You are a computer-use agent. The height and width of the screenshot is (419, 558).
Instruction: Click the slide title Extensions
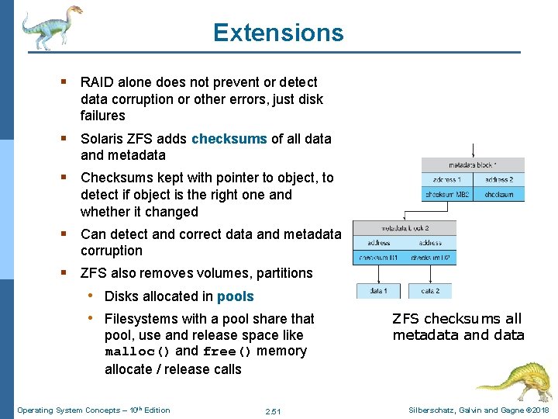click(x=278, y=33)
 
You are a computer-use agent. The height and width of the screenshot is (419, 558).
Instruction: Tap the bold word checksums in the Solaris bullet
click(x=229, y=139)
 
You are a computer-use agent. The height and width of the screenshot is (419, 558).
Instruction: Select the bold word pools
click(x=235, y=296)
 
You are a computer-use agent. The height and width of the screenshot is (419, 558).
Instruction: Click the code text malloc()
click(x=137, y=351)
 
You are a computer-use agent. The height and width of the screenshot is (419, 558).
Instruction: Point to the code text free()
click(x=227, y=351)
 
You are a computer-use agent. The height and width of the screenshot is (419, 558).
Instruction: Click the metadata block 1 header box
click(x=473, y=164)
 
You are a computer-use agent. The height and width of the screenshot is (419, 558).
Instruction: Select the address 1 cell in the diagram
click(x=447, y=180)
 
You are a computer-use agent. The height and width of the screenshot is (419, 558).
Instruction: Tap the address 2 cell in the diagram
click(x=499, y=180)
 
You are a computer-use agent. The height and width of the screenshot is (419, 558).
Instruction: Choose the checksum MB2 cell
click(x=447, y=195)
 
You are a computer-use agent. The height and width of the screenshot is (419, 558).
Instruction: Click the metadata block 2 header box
click(x=405, y=227)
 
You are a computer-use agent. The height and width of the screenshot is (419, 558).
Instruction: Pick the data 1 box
click(x=378, y=291)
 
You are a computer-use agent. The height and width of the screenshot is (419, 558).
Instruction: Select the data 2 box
click(x=430, y=291)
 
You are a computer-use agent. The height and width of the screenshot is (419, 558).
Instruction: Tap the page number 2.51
click(x=272, y=410)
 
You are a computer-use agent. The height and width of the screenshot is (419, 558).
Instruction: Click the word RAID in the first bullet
click(x=97, y=82)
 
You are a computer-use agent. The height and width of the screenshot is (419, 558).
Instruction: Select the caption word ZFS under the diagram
click(x=406, y=319)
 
